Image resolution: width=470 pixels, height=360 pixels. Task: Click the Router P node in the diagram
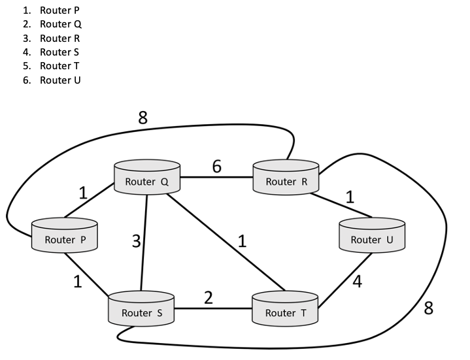click(x=65, y=237)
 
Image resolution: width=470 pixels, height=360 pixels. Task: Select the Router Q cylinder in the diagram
click(x=146, y=178)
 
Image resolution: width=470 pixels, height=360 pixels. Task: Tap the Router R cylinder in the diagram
click(x=286, y=178)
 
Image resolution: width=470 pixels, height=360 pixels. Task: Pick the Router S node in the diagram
click(x=141, y=310)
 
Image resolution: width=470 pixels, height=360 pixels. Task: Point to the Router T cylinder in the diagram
click(x=284, y=310)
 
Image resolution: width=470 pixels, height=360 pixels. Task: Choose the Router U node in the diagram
click(x=371, y=237)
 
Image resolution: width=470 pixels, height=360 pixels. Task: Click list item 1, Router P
click(x=59, y=10)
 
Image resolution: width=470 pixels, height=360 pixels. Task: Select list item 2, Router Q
click(x=60, y=24)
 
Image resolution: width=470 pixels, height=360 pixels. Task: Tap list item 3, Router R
click(x=59, y=38)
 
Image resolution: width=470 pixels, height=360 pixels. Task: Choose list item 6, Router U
click(x=60, y=80)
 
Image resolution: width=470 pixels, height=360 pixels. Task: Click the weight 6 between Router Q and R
click(x=216, y=167)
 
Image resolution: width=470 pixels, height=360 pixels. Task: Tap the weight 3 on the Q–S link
click(x=136, y=241)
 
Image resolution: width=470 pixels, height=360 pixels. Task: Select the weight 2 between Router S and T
click(x=209, y=298)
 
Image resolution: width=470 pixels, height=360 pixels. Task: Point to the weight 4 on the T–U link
click(x=358, y=282)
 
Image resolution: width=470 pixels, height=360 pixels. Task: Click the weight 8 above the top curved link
click(x=143, y=118)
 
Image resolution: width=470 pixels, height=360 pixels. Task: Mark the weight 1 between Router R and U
click(x=350, y=197)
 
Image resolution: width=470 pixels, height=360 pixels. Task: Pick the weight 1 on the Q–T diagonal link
click(x=242, y=241)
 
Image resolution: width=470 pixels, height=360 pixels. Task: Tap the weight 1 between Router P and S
click(x=77, y=282)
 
